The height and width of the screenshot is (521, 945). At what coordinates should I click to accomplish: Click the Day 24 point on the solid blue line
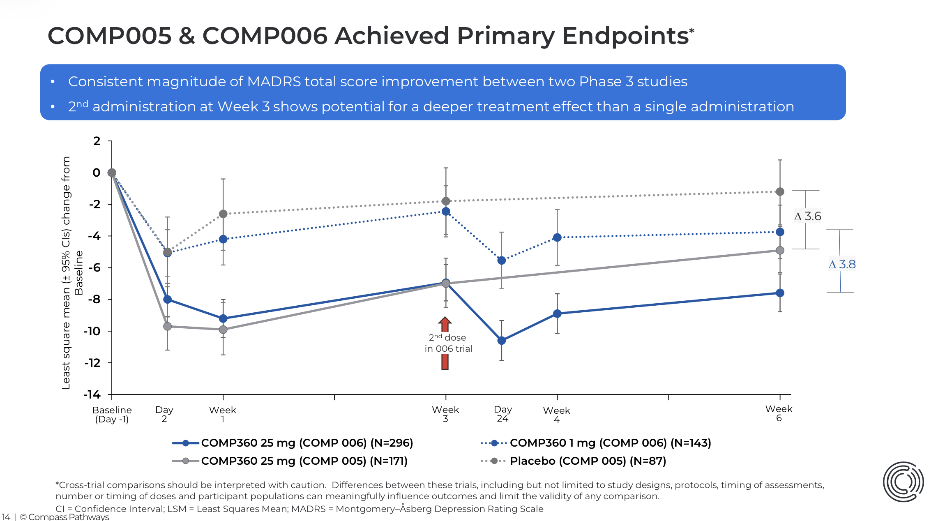tap(501, 340)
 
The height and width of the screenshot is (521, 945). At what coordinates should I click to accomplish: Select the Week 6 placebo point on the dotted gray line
tap(780, 191)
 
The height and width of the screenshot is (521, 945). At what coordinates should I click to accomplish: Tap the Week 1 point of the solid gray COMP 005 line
tap(223, 330)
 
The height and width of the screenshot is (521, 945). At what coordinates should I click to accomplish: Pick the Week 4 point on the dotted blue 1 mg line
tap(557, 237)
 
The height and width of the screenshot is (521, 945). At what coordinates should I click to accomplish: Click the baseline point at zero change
tap(112, 173)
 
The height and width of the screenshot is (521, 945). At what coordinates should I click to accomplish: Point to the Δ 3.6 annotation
tap(808, 217)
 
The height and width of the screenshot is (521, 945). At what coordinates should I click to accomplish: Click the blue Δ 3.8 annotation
tap(842, 265)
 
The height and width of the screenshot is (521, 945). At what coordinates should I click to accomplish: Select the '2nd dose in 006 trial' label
tap(448, 343)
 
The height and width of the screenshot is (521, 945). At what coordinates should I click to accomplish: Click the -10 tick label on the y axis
tap(92, 331)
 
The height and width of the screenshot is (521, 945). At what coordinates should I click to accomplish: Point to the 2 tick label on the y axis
tap(97, 141)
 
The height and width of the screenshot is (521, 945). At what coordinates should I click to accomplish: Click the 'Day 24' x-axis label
tap(502, 414)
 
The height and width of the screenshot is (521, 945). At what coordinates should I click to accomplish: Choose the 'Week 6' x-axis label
tap(779, 413)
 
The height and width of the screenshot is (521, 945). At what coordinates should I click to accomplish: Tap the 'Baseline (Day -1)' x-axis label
tap(112, 415)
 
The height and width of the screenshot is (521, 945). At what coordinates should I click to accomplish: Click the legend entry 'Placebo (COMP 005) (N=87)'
tap(588, 461)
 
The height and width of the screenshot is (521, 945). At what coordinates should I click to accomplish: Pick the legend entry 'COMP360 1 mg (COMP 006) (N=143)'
tap(610, 443)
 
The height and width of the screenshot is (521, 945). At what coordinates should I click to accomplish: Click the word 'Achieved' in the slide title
tap(391, 36)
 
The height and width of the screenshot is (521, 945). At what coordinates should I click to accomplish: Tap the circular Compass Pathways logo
tap(903, 482)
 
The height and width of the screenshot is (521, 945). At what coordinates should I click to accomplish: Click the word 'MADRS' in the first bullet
tap(274, 82)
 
